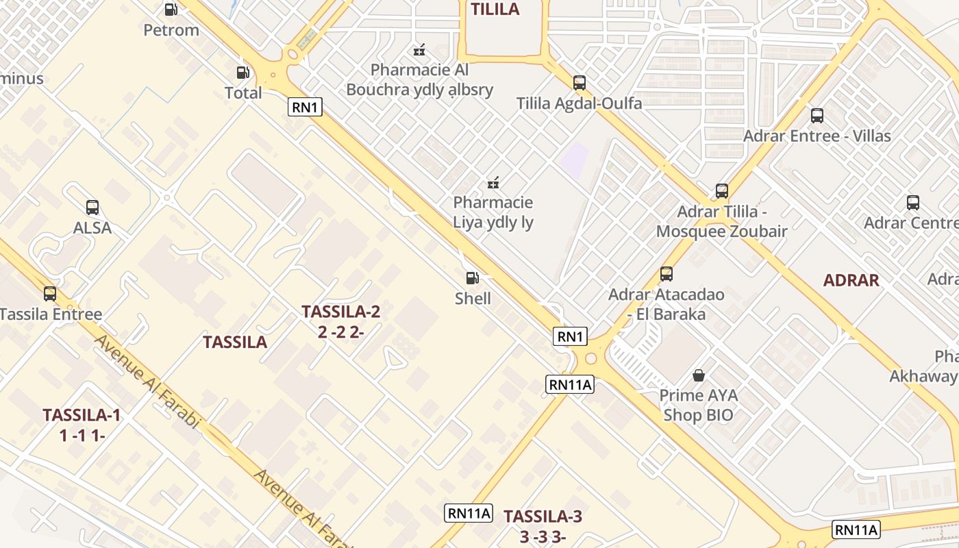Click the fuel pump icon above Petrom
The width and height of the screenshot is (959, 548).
(171, 10)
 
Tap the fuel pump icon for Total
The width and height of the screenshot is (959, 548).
(243, 72)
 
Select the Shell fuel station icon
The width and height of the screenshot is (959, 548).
(472, 277)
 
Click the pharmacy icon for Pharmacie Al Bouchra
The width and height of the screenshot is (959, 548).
(419, 49)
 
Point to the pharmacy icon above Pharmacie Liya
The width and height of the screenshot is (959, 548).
(493, 182)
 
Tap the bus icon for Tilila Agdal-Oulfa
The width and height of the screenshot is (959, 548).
(580, 83)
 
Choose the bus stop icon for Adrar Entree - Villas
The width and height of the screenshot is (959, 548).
(817, 115)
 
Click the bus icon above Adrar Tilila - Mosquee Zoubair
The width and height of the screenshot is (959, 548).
(721, 190)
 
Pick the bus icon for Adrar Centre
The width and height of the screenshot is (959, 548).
(912, 202)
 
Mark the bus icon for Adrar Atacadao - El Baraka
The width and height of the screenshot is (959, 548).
(666, 274)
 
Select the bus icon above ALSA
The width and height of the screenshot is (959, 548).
(92, 207)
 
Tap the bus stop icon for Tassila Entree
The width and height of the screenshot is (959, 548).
(50, 294)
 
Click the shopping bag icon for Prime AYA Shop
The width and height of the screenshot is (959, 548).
(698, 375)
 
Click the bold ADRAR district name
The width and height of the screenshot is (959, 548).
(851, 280)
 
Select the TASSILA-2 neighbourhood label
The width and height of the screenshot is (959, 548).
(340, 312)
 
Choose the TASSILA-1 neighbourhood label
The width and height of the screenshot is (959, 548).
(82, 415)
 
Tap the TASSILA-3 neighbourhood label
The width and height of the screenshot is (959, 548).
(543, 516)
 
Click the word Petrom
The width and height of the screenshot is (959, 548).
(171, 30)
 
